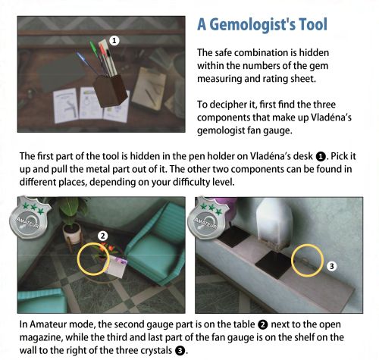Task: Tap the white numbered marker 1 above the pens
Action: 114,40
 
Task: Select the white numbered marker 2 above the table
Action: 102,236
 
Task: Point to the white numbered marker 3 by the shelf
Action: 332,266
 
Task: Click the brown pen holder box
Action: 111,90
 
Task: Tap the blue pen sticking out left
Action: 86,63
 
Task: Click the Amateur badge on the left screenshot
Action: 30,218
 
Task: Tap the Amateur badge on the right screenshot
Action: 208,218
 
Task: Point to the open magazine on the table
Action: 116,266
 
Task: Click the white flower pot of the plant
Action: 72,233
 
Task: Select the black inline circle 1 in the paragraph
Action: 321,157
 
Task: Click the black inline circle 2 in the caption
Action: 263,325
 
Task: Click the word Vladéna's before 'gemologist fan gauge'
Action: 330,117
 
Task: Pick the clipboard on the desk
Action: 149,89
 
